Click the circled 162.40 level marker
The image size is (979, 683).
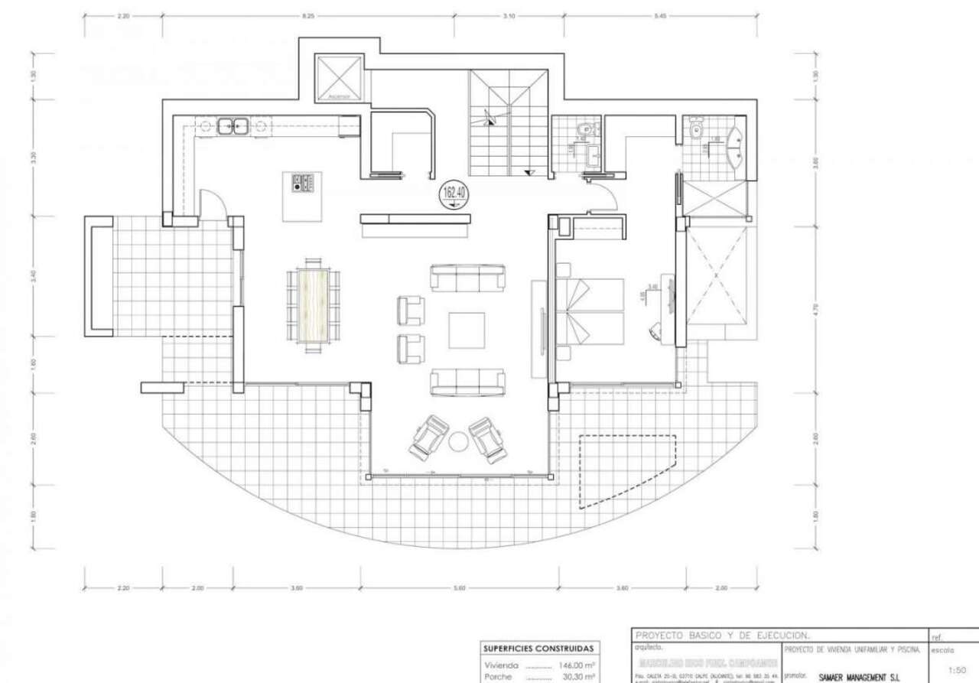452,194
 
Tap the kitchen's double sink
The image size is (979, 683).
233,125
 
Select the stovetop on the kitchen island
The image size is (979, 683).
303,182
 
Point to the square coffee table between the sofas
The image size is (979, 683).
467,330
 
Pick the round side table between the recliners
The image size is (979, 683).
457,441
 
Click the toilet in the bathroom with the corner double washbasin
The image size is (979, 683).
696,131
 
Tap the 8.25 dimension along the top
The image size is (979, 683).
308,15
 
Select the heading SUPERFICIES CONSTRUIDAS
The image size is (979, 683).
538,649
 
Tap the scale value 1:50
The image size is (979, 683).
955,669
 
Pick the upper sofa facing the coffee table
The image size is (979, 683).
467,278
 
